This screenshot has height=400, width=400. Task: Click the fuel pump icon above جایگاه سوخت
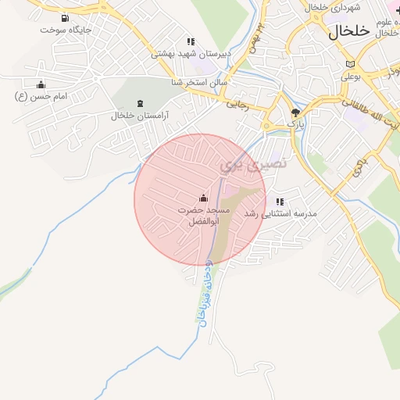(62, 18)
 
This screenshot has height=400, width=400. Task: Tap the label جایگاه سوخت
(66, 30)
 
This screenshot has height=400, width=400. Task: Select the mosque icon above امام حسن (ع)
(41, 84)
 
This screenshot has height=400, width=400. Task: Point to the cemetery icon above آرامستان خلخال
(140, 103)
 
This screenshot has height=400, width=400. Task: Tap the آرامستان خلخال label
(140, 115)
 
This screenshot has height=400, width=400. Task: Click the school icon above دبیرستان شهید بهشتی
(190, 41)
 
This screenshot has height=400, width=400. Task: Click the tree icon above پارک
(295, 112)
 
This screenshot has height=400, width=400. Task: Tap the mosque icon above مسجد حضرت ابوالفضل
(203, 197)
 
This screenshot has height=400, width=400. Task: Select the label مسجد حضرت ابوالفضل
(204, 216)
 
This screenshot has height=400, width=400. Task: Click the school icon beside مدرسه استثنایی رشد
(279, 202)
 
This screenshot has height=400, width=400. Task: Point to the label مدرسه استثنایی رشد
(280, 213)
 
